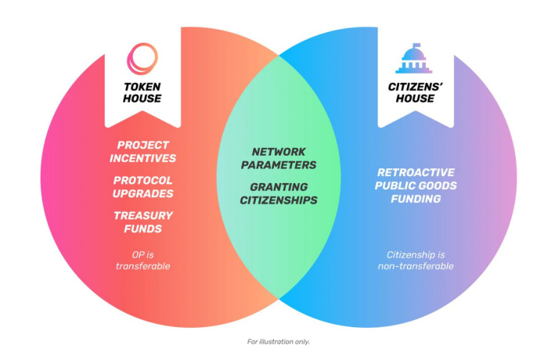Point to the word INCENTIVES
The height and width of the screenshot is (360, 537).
click(146, 158)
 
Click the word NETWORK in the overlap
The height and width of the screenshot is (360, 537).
click(279, 151)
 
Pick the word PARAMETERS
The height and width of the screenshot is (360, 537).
click(279, 165)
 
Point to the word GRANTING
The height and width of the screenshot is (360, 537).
click(279, 187)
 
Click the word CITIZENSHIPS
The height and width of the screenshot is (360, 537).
click(279, 200)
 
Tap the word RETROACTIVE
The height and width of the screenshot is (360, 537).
click(416, 172)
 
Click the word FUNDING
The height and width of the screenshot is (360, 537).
click(416, 199)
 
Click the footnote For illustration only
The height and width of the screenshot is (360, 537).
click(279, 341)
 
